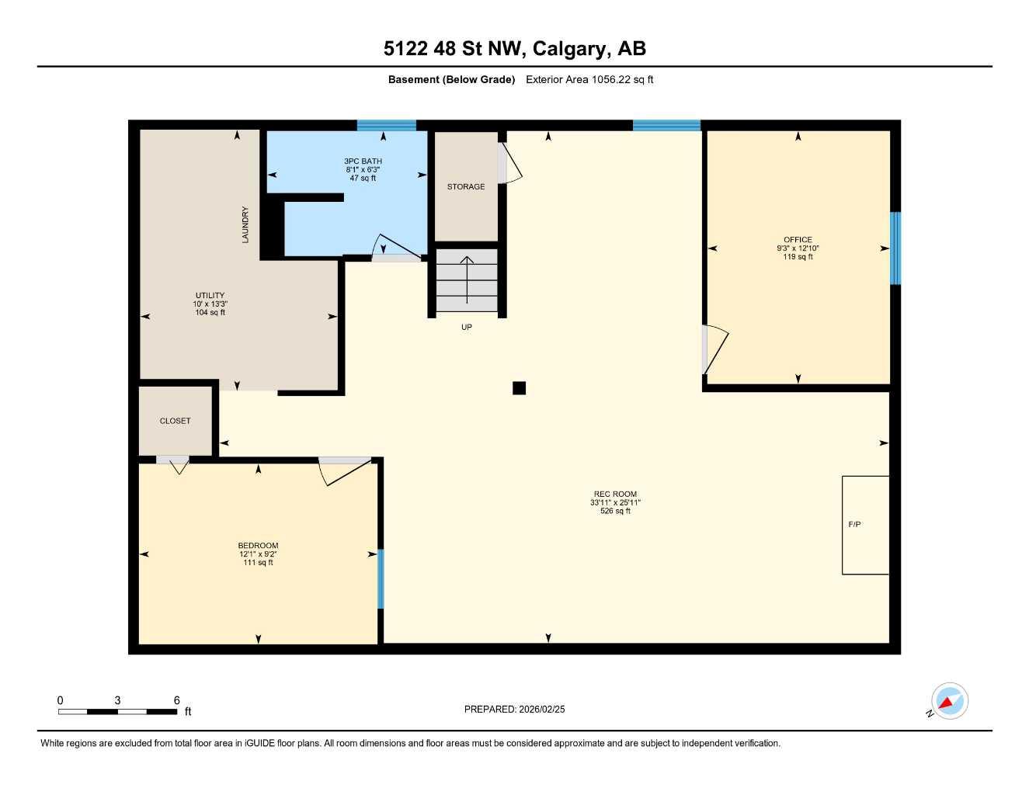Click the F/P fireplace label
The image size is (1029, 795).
(x=854, y=525)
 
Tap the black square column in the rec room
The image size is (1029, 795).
(x=519, y=388)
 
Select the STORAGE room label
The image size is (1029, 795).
(x=466, y=187)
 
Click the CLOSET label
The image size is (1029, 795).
(x=175, y=421)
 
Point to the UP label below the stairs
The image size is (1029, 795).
(x=467, y=328)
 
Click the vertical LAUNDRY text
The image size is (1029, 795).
(x=245, y=224)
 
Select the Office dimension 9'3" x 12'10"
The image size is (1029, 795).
(x=798, y=248)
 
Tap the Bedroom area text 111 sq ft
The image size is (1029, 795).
(x=258, y=563)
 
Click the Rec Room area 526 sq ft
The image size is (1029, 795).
(x=615, y=512)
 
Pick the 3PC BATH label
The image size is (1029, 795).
(x=363, y=161)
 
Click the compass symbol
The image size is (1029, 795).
(x=949, y=702)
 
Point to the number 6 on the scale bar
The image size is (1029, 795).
(x=177, y=700)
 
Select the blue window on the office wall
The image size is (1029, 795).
(x=895, y=248)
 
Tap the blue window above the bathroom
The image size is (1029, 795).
(x=387, y=125)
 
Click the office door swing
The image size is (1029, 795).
(x=714, y=349)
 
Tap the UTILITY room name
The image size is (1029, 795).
(x=210, y=296)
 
